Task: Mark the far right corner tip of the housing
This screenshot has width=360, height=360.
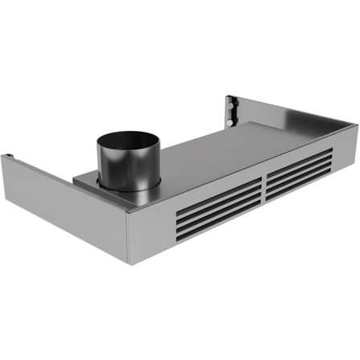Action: pyautogui.click(x=356, y=125)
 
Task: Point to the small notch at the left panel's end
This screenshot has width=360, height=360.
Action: pyautogui.click(x=8, y=154)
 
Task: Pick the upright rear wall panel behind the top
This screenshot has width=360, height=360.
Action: pyautogui.click(x=289, y=112)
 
